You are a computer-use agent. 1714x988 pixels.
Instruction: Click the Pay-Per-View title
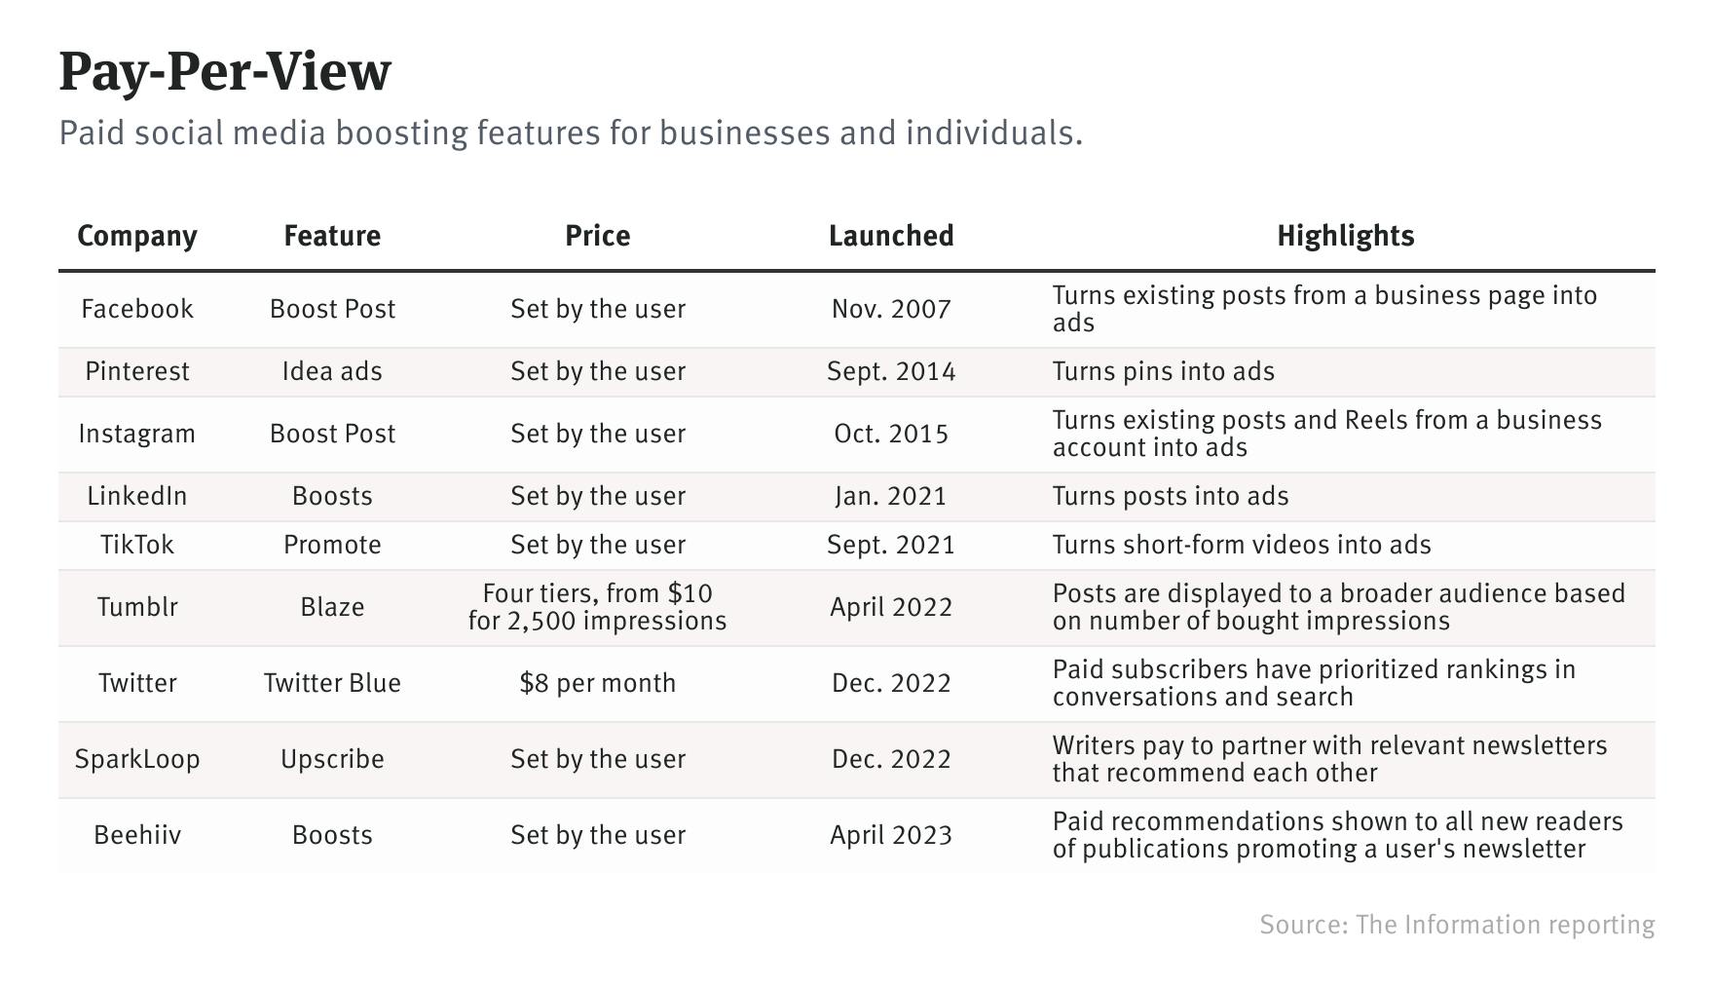[225, 72]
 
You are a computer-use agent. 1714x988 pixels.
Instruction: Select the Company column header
[137, 236]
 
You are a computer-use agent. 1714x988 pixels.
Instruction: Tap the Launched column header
[891, 236]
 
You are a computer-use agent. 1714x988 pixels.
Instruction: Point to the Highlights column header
[1345, 236]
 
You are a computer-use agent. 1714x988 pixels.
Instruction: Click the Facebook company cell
[137, 309]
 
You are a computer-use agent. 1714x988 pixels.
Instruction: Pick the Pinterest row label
[137, 371]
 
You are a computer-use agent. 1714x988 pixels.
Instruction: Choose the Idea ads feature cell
[332, 371]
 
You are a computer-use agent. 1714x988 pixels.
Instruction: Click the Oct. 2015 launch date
[891, 434]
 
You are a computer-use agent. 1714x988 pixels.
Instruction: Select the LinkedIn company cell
[137, 496]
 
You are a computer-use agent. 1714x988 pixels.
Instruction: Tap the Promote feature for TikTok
[332, 545]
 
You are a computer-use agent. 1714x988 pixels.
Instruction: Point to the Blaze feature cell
[332, 607]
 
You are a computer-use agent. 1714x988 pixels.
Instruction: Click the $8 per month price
[598, 683]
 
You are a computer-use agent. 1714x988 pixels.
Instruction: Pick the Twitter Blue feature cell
[332, 683]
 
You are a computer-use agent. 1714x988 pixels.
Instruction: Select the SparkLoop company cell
[137, 759]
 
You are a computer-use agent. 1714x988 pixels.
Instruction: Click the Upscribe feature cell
[332, 759]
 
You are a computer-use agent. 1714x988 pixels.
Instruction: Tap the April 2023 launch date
[891, 835]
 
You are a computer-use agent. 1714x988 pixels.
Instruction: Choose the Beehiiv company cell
[137, 835]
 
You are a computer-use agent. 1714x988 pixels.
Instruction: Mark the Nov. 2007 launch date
[891, 309]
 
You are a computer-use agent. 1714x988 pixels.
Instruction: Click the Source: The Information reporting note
[1457, 925]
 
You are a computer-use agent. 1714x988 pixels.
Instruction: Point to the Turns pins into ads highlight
[1164, 371]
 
